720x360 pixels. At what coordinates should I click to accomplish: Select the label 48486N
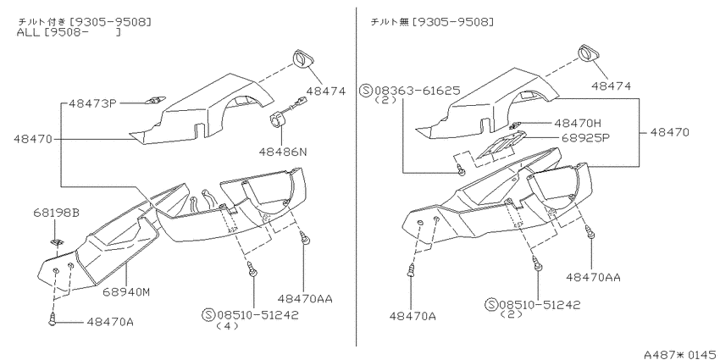point(282,151)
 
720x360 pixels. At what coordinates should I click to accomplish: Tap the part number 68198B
point(56,213)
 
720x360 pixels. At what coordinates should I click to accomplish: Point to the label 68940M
point(126,291)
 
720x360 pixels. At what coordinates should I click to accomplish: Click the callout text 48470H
point(578,123)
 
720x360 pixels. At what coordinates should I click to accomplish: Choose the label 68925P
point(581,137)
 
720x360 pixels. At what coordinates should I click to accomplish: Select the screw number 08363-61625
point(418,91)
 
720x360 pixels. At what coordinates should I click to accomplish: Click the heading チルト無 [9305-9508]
point(432,21)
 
